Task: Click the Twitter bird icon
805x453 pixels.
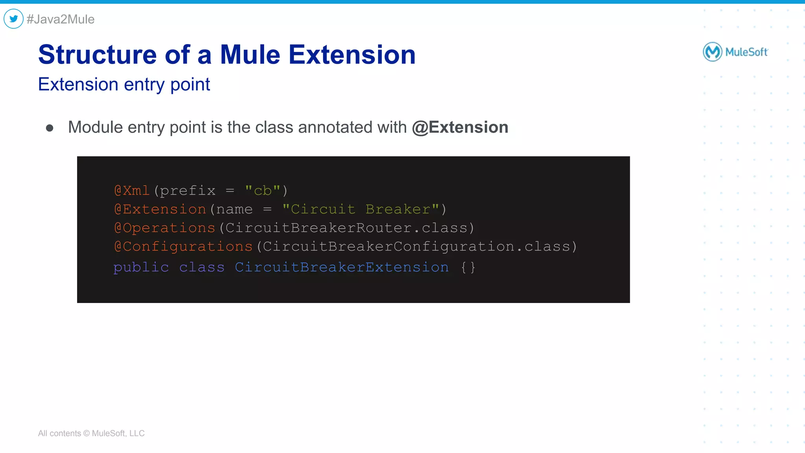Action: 14,19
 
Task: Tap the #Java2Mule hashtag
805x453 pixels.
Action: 61,19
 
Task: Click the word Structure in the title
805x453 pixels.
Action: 97,55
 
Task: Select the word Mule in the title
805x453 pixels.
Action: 250,55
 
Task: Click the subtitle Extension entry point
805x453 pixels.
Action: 124,84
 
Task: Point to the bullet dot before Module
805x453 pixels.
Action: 50,128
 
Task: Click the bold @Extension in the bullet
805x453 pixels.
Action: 460,127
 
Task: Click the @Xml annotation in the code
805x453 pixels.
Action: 132,191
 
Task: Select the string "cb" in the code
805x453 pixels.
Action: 263,191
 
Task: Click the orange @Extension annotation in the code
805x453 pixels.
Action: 160,209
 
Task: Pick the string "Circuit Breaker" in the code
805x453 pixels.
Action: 360,209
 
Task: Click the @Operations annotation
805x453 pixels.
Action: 165,228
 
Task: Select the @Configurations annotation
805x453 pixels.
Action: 183,247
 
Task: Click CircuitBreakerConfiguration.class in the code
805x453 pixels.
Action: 416,247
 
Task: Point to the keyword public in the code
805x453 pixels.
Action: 141,268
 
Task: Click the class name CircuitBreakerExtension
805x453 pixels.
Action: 342,268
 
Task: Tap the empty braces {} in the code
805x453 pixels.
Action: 468,268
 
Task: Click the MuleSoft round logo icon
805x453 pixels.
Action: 712,52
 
